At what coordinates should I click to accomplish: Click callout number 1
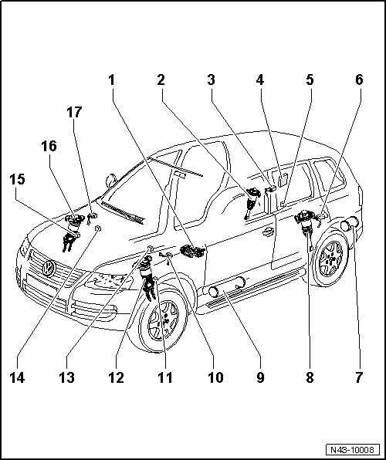tap(111, 80)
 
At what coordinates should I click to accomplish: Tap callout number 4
tap(260, 80)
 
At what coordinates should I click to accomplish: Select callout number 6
tap(359, 80)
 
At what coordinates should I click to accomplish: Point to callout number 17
tap(74, 113)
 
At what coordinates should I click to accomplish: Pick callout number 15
tap(17, 179)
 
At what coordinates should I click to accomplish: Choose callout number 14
tap(17, 377)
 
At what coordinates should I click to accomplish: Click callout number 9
tap(260, 377)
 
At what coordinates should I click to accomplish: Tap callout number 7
tap(359, 377)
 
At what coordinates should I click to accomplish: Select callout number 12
tap(117, 377)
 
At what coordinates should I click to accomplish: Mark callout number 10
tap(215, 377)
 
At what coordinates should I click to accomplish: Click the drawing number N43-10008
tap(352, 450)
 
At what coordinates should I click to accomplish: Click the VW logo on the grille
tap(49, 269)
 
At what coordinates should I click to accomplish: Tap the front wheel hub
tap(164, 320)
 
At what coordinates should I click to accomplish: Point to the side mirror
tap(111, 181)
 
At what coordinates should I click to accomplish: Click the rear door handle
tap(268, 232)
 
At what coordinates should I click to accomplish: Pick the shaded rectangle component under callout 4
tap(283, 181)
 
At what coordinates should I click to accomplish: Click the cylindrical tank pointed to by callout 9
tap(226, 287)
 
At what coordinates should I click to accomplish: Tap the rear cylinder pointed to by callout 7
tap(349, 224)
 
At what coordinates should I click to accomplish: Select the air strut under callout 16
tap(72, 232)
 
